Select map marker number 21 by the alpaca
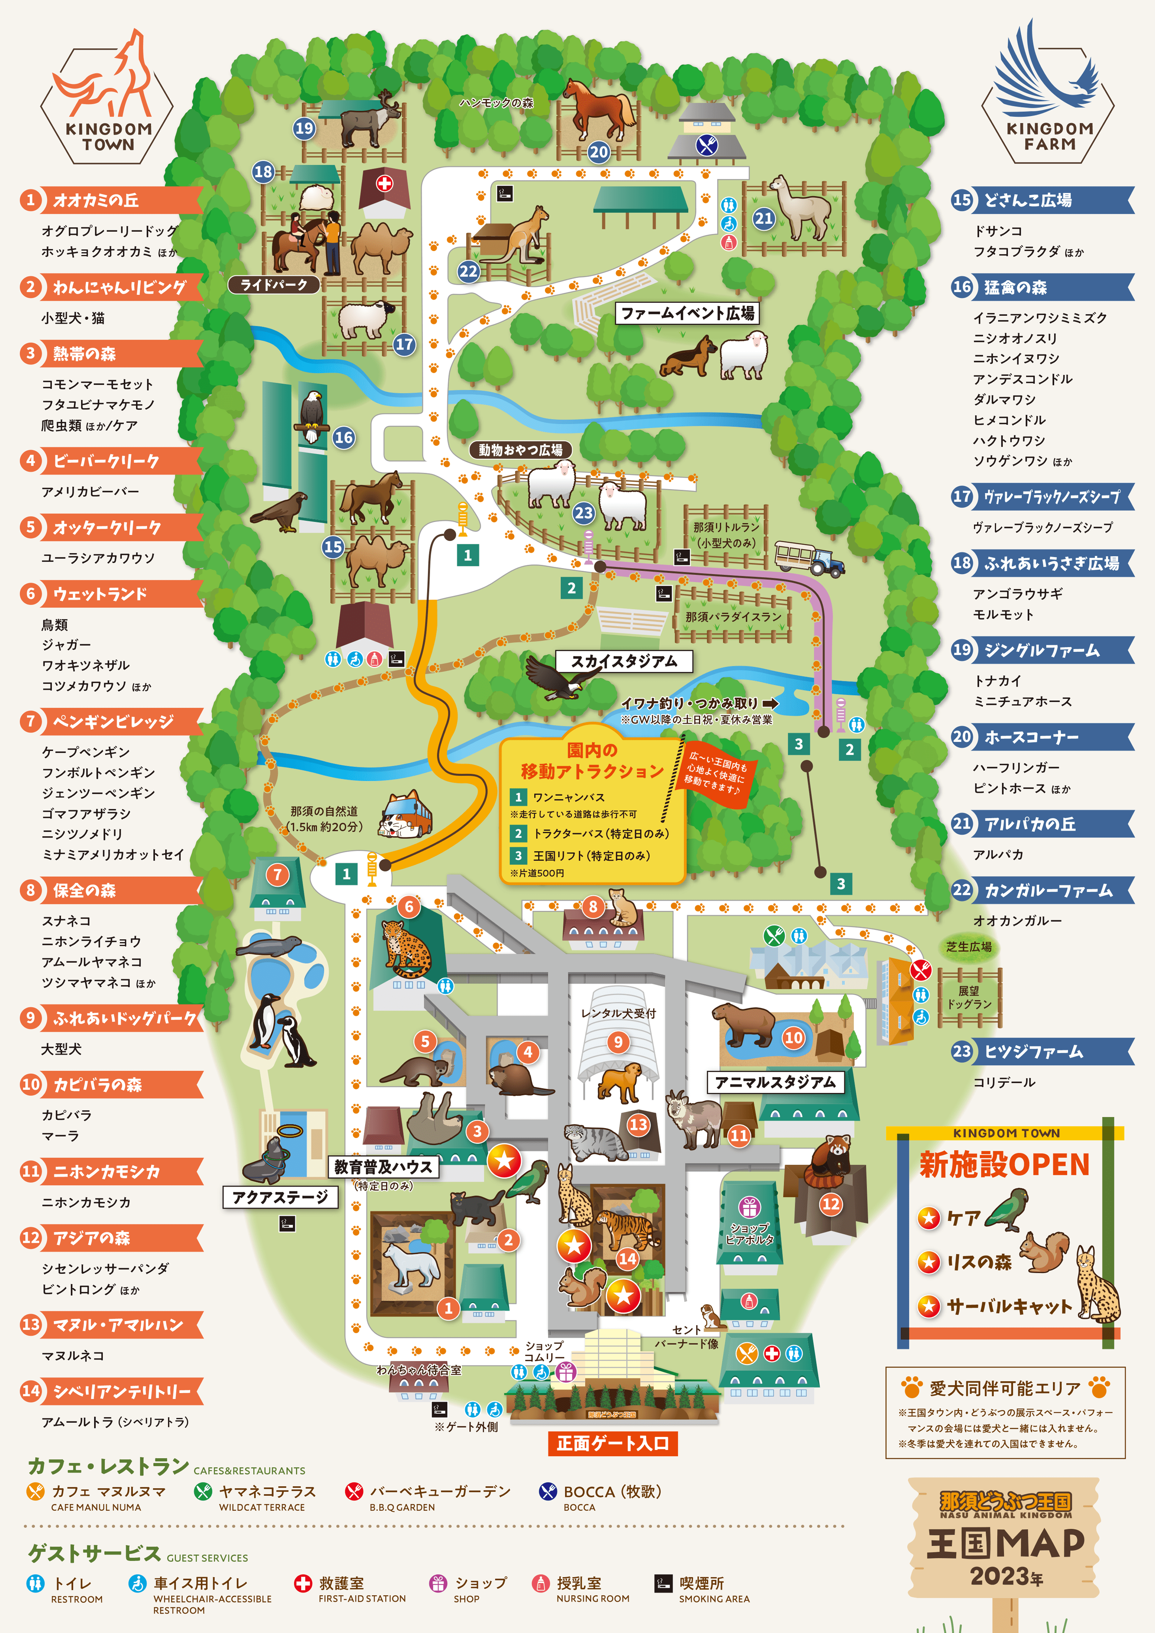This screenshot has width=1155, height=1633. coord(764,218)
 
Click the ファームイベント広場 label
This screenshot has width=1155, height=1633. coord(687,313)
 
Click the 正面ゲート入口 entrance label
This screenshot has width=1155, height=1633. coord(612,1443)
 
